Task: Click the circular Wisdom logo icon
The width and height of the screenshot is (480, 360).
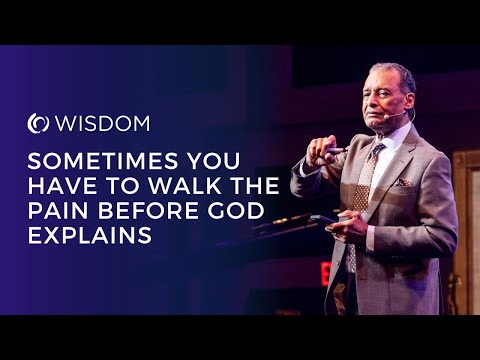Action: coord(38,124)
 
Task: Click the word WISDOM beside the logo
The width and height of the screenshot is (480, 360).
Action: coord(102,124)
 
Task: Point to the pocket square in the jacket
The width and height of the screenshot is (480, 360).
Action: coord(403,183)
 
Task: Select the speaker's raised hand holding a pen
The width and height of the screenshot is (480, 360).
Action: coord(321,150)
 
